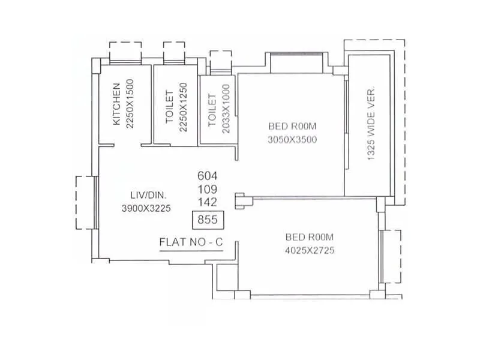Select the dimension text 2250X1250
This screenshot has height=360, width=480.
point(183,107)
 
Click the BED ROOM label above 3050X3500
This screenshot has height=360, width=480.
point(292,127)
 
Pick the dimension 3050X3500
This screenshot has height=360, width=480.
point(292,140)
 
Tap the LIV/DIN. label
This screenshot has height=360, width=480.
point(148,195)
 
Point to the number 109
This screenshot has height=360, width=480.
point(207,189)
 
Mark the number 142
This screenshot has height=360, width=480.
point(207,202)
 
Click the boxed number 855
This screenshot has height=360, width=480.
point(207,220)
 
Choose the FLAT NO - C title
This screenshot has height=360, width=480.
point(190,242)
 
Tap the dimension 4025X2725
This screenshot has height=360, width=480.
point(309,250)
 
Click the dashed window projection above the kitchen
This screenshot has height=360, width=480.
point(125,50)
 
